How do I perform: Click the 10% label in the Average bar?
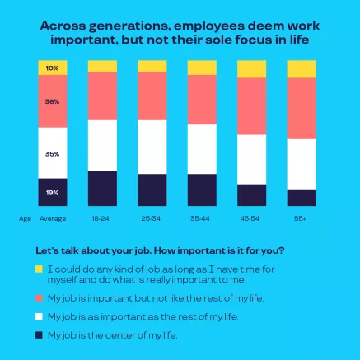[52, 68]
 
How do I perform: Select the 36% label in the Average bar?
[52, 102]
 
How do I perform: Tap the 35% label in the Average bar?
[52, 153]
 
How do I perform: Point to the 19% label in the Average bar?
[52, 193]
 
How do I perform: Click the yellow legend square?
[40, 269]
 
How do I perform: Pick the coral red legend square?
[40, 297]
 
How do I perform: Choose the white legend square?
[40, 316]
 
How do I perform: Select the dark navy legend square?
[40, 334]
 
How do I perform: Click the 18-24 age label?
[101, 218]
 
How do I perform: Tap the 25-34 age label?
[152, 218]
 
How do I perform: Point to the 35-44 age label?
[202, 218]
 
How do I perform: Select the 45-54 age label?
[251, 218]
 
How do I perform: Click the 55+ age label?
[301, 218]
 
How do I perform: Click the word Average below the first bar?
[53, 218]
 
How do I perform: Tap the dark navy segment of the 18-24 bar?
[102, 189]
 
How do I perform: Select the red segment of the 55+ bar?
[302, 109]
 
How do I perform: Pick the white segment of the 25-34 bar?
[152, 147]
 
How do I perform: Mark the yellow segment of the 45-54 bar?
[252, 69]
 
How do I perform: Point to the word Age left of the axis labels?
[25, 218]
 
